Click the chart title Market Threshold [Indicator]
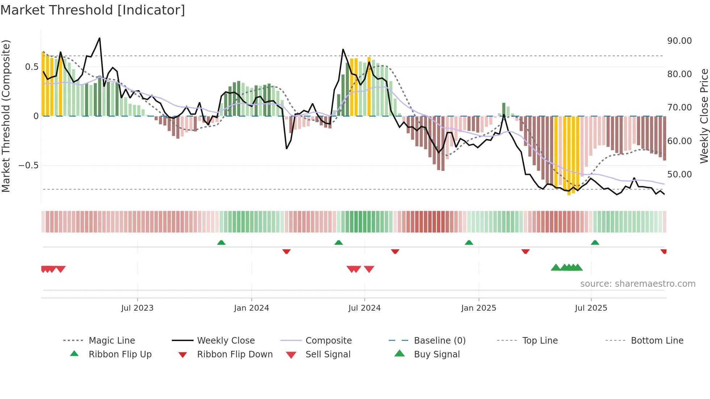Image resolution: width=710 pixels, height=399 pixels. (93, 10)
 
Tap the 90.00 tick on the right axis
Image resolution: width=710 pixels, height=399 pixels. (679, 41)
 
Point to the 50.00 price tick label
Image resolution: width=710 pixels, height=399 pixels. (679, 175)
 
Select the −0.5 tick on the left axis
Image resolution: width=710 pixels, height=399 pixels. (28, 165)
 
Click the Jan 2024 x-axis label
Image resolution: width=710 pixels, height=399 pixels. (251, 308)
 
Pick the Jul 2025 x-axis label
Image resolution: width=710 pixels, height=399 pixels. (591, 308)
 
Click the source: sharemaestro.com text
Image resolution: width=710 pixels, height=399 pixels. (638, 284)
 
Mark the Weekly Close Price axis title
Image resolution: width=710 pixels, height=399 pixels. (704, 116)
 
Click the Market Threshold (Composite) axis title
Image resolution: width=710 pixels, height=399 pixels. (6, 116)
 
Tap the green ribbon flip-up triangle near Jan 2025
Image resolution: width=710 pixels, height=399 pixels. (469, 243)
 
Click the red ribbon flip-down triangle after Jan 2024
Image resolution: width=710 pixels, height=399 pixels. (287, 251)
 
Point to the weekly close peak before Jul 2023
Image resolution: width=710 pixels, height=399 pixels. (100, 38)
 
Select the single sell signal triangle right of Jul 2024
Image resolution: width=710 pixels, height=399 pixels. (369, 269)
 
